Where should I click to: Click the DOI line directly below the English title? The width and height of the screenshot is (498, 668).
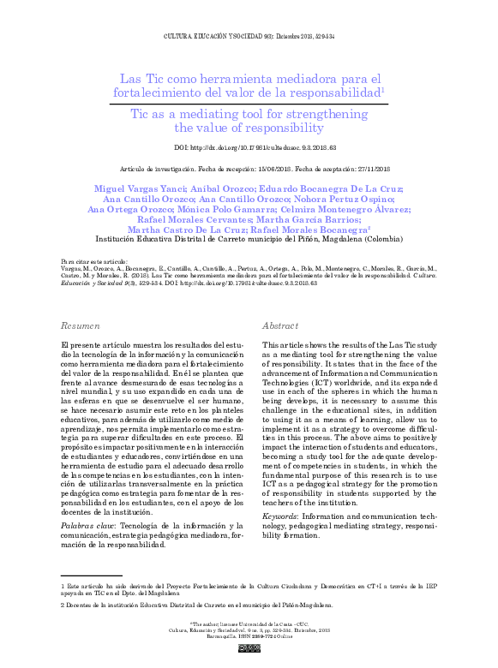(x=249, y=148)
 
